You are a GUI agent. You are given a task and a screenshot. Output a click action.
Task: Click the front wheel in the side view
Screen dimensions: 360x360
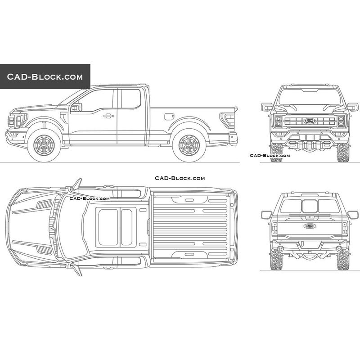pyautogui.click(x=44, y=145)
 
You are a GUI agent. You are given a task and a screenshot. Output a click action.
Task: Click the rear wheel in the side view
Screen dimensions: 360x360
pyautogui.click(x=189, y=145)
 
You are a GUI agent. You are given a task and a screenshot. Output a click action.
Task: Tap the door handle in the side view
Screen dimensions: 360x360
pyautogui.click(x=108, y=116)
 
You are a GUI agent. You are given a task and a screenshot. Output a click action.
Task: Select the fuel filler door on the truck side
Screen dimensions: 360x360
pyautogui.click(x=169, y=117)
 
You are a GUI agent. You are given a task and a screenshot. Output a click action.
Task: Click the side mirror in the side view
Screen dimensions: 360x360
pyautogui.click(x=76, y=107)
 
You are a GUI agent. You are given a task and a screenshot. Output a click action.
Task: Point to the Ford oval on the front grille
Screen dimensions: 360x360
pyautogui.click(x=310, y=121)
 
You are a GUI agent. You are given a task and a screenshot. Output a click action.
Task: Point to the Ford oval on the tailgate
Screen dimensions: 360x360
pyautogui.click(x=310, y=226)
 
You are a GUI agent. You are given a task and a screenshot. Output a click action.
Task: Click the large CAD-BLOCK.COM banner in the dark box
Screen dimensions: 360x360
pyautogui.click(x=45, y=76)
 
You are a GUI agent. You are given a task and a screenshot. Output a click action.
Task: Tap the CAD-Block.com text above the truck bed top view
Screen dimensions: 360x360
pyautogui.click(x=180, y=178)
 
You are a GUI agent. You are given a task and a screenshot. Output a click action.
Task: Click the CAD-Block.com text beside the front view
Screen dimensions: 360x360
pyautogui.click(x=270, y=155)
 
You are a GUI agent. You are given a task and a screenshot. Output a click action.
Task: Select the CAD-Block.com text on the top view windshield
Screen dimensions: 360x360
pyautogui.click(x=90, y=198)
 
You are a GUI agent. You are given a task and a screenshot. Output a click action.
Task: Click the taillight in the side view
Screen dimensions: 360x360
pyautogui.click(x=227, y=120)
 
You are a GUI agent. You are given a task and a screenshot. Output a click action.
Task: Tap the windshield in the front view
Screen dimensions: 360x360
pyautogui.click(x=310, y=97)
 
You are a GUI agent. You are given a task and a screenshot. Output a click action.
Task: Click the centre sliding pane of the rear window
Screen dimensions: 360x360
pyautogui.click(x=310, y=206)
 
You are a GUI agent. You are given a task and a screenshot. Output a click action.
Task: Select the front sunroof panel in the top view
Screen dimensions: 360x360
pyautogui.click(x=108, y=227)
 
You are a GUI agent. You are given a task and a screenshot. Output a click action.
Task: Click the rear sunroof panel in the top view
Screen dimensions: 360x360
pyautogui.click(x=126, y=227)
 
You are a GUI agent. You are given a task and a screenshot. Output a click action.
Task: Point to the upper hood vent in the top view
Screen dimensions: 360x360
pyautogui.click(x=44, y=204)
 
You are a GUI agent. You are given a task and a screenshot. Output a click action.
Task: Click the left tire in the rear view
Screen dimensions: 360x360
pyautogui.click(x=276, y=260)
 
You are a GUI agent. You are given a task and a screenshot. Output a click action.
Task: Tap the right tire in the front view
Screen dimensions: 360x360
pyautogui.click(x=343, y=152)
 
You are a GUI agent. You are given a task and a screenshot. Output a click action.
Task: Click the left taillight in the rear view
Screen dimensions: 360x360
pyautogui.click(x=274, y=228)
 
